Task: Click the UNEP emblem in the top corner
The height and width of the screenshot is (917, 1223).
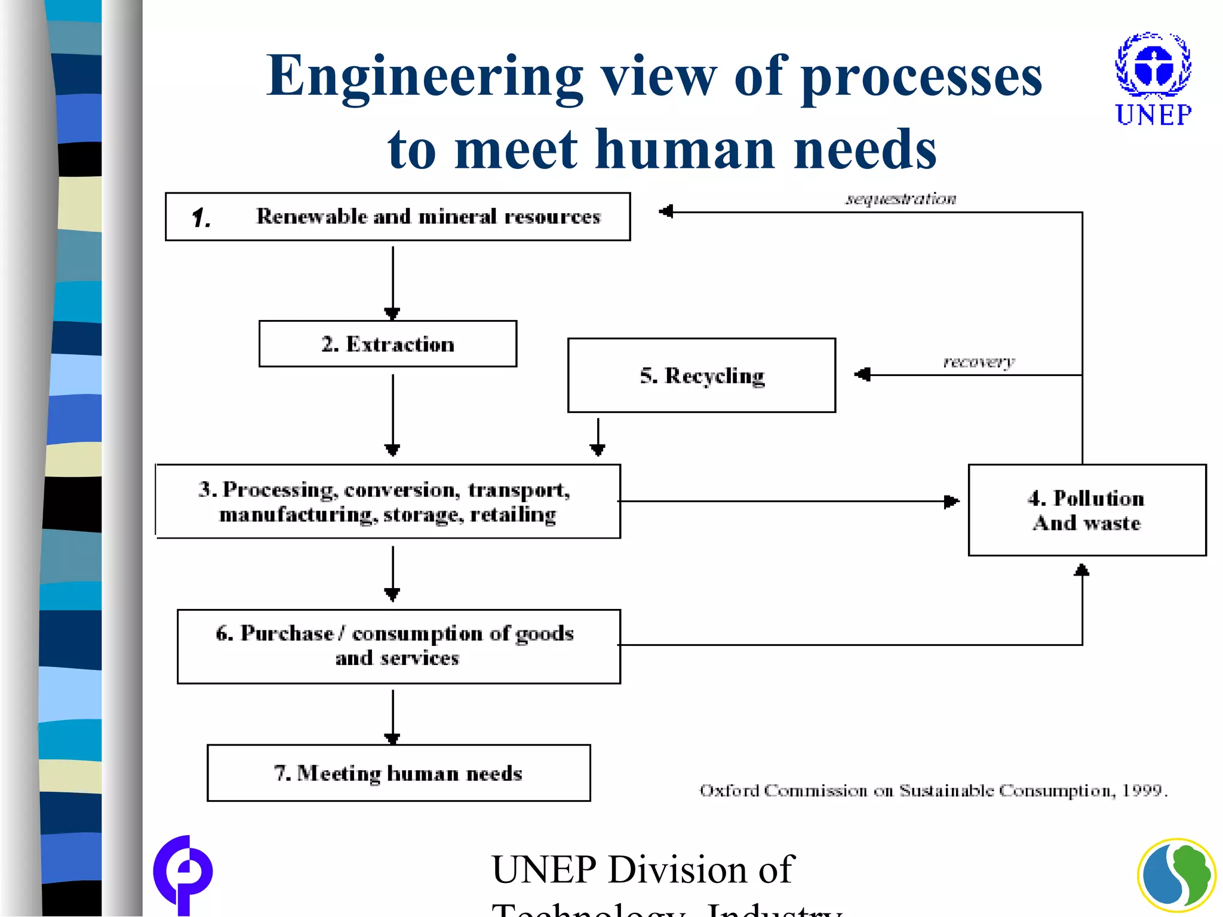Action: tap(1153, 66)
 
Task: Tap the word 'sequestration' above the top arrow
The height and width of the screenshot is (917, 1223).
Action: tap(900, 199)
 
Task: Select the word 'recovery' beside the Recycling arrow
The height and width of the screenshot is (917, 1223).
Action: tap(978, 362)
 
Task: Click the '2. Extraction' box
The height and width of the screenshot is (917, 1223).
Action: tap(388, 344)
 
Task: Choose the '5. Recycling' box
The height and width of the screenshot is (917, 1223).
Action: tap(702, 376)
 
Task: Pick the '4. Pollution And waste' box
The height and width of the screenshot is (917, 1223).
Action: tap(1087, 510)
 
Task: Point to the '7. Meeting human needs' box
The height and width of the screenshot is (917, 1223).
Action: tap(398, 773)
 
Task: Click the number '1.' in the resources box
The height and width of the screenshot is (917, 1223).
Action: tap(201, 218)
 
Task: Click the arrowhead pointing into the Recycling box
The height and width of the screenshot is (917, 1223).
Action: tap(862, 375)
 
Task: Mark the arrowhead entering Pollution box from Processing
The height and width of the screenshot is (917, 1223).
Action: tap(952, 501)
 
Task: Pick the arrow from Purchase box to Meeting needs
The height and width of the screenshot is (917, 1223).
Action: tap(392, 716)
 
